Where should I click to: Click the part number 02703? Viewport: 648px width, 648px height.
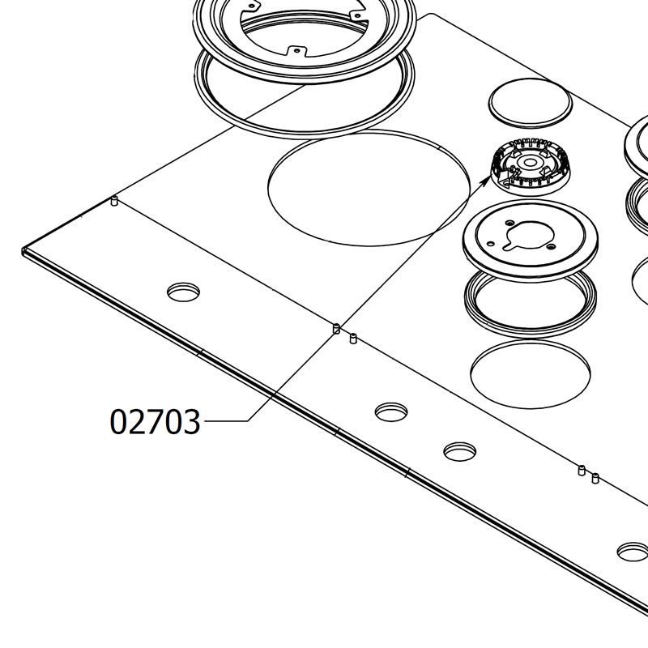click(155, 421)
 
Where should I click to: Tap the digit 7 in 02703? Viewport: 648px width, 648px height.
click(155, 421)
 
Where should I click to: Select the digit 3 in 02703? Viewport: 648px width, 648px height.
click(192, 421)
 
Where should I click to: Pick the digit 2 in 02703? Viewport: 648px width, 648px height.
click(137, 421)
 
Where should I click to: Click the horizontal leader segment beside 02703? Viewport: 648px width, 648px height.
click(226, 420)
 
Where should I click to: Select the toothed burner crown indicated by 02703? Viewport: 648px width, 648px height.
click(531, 167)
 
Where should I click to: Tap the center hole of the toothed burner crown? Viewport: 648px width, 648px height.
click(531, 163)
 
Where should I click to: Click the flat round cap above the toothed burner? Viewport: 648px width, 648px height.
click(531, 103)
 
